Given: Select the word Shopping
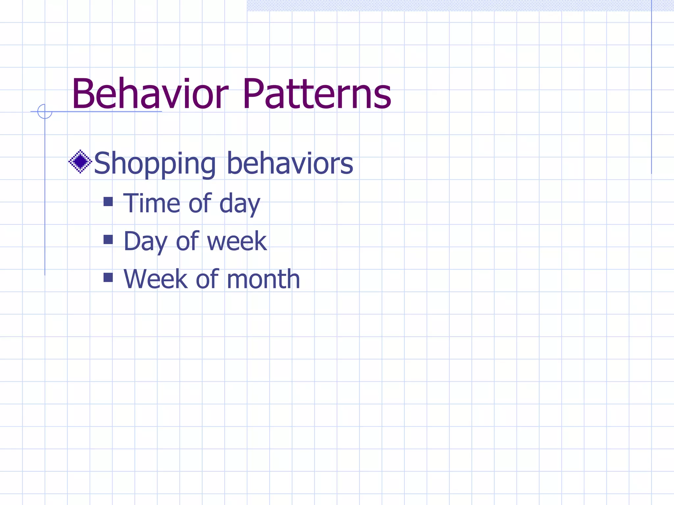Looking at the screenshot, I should click(x=155, y=163).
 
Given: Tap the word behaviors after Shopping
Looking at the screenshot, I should click(x=290, y=163).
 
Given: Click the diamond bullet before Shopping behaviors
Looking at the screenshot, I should click(x=80, y=161).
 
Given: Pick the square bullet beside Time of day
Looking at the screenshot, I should click(x=108, y=202).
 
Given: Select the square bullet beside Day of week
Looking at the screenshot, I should click(x=108, y=239).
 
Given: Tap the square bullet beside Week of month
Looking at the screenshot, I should click(x=108, y=277).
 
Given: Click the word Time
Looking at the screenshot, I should click(x=151, y=203).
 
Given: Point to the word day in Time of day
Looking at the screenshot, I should click(x=240, y=204).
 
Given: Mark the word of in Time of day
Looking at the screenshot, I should click(x=200, y=203).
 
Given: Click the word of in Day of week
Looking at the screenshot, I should click(x=187, y=241).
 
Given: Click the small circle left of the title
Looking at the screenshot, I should click(x=45, y=111).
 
